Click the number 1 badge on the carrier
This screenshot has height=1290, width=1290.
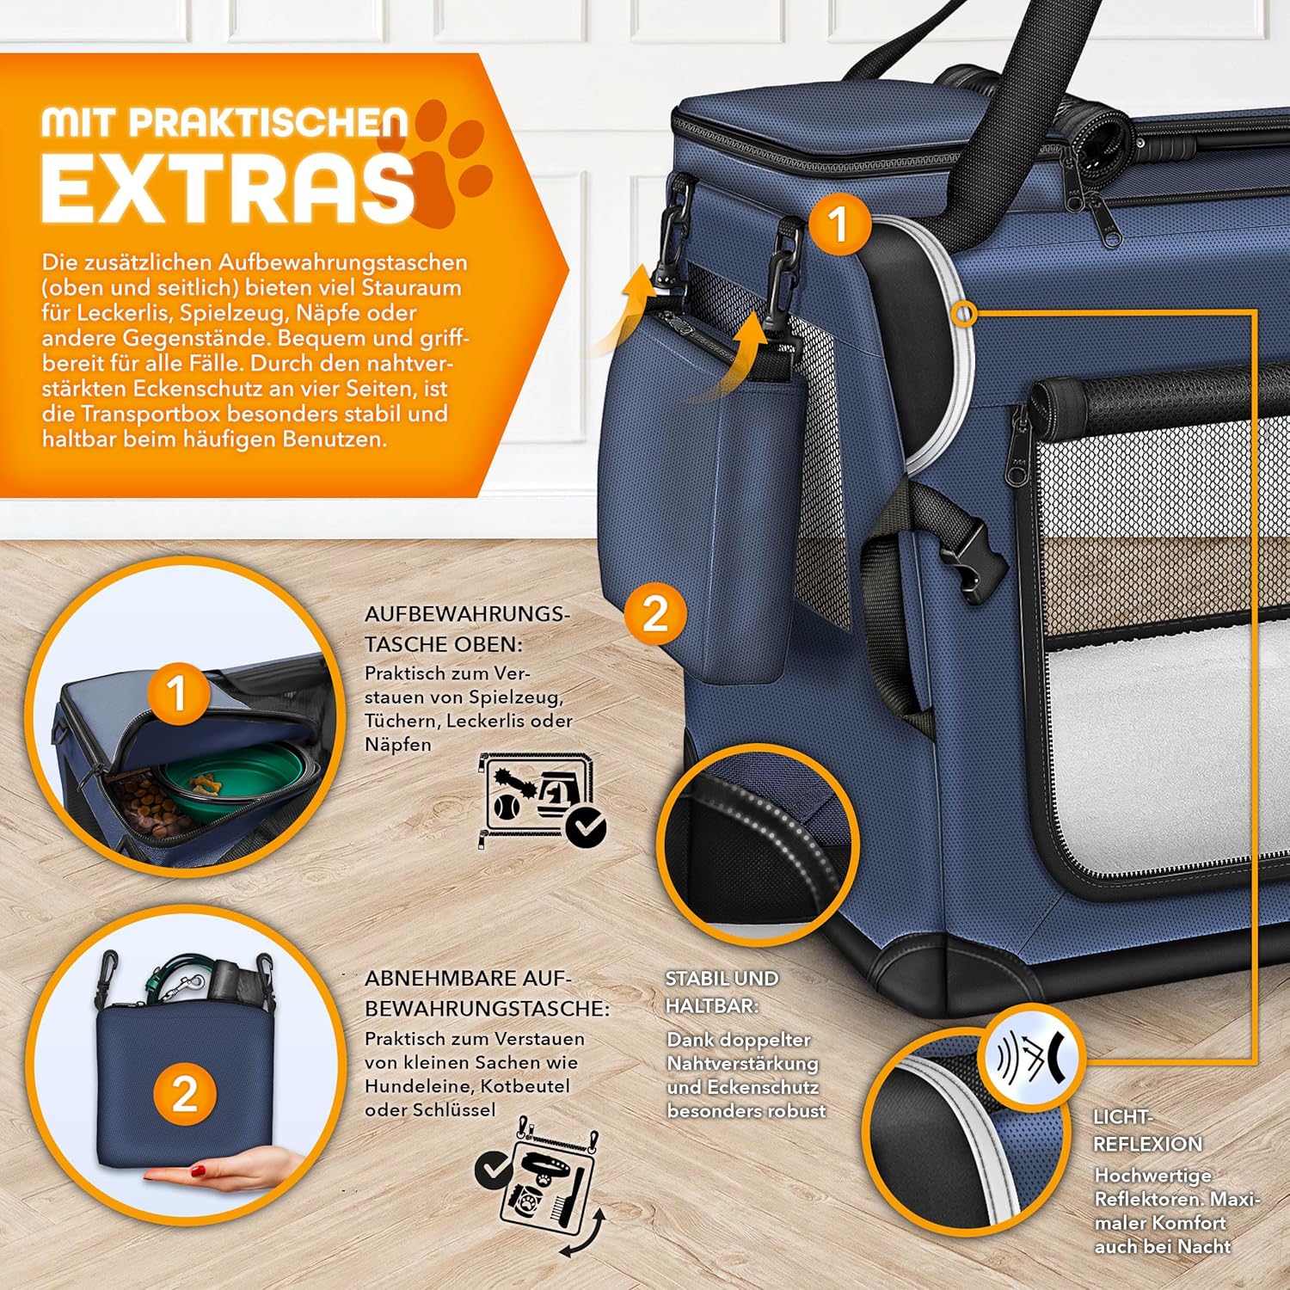tap(838, 224)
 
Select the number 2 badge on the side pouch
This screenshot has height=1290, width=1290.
tap(655, 614)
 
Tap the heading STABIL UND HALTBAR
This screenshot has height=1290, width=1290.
tap(722, 992)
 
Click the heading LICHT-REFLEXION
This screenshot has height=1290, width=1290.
tap(1148, 1130)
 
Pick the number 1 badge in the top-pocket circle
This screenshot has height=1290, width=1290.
tap(177, 693)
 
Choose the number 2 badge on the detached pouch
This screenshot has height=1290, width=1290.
tap(184, 1095)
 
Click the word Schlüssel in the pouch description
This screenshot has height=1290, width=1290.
tap(454, 1110)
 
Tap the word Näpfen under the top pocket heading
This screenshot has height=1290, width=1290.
tap(398, 745)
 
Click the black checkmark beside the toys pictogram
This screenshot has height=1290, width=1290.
tap(588, 826)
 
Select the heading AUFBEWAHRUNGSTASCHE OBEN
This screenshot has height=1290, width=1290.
tap(467, 629)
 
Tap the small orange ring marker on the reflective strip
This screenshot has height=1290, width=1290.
tap(966, 315)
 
